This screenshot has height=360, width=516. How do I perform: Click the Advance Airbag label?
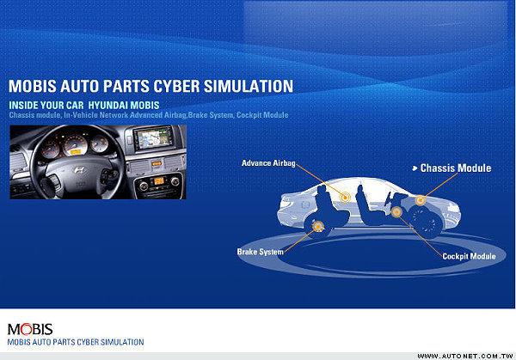pyautogui.click(x=268, y=163)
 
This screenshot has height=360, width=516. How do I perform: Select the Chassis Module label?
pyautogui.click(x=456, y=168)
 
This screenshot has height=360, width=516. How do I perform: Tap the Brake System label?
pyautogui.click(x=260, y=252)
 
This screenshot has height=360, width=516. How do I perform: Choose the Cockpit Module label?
pyautogui.click(x=469, y=256)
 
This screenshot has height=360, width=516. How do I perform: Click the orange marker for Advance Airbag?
pyautogui.click(x=345, y=198)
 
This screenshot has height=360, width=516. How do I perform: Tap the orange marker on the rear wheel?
pyautogui.click(x=318, y=226)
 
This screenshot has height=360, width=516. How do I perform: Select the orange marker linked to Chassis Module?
pyautogui.click(x=420, y=200)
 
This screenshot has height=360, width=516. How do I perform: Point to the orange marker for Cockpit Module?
pyautogui.click(x=396, y=212)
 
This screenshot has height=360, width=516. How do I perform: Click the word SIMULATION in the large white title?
pyautogui.click(x=249, y=86)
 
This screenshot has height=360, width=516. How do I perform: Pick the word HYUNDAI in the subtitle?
pyautogui.click(x=107, y=105)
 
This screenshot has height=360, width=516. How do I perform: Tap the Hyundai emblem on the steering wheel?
pyautogui.click(x=79, y=169)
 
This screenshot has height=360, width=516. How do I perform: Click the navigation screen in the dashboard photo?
pyautogui.click(x=153, y=138)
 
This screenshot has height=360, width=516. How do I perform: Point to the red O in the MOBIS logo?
pyautogui.click(x=26, y=329)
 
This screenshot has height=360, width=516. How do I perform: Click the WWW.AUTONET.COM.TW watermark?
pyautogui.click(x=465, y=356)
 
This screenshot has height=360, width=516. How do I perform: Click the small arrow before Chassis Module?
pyautogui.click(x=415, y=168)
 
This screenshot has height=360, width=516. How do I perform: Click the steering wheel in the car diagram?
pyautogui.click(x=389, y=199)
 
